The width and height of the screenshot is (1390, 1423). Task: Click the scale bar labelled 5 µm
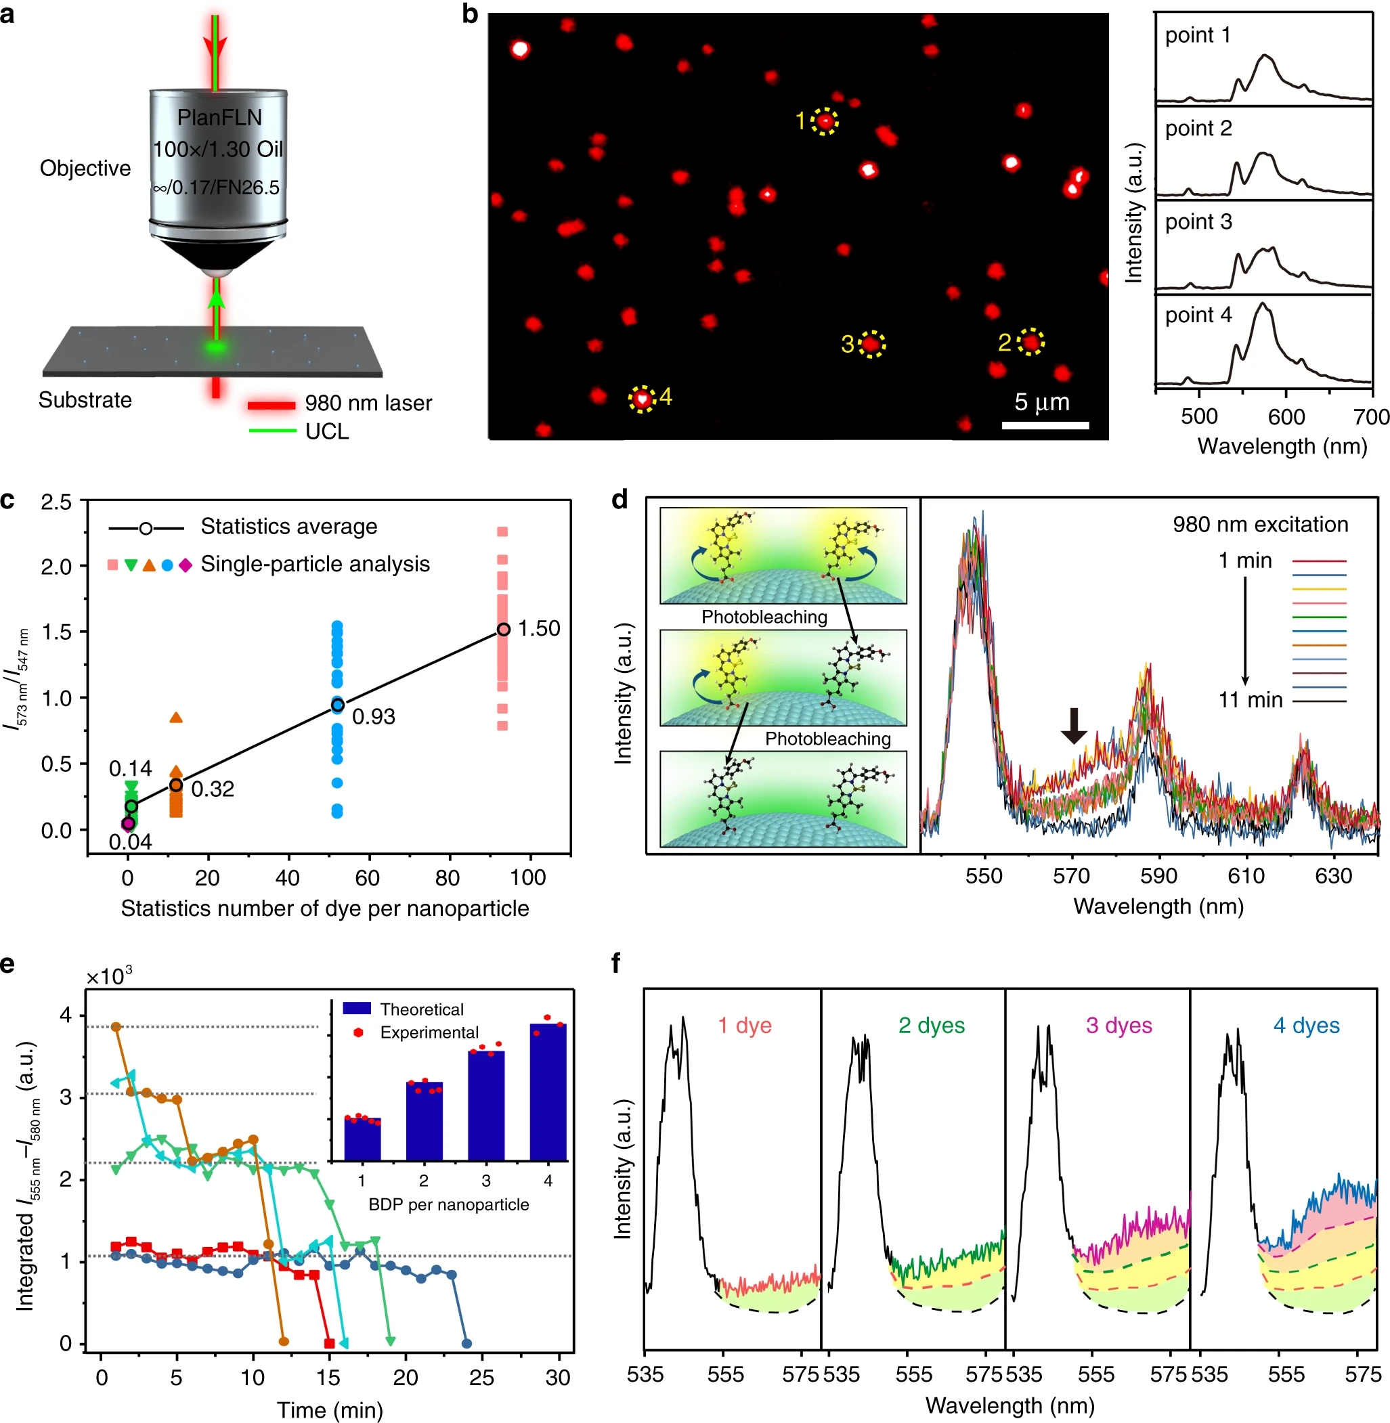1045,425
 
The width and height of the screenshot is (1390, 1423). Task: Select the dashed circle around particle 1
825,121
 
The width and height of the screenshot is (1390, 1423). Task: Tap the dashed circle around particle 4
642,399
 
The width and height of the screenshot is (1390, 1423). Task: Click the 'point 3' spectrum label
1198,222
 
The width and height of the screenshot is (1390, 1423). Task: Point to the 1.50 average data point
503,630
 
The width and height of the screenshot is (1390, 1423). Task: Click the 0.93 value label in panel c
373,717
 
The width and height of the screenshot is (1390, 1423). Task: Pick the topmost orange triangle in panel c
176,718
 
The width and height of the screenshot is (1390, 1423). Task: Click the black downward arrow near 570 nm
1073,725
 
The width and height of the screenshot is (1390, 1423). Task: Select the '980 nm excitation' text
1260,524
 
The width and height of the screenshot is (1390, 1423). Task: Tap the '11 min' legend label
1250,700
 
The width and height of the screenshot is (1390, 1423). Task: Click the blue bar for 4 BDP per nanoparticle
548,1092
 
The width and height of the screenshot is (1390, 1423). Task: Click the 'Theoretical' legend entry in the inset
421,1009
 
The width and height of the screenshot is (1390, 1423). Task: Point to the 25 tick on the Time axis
481,1377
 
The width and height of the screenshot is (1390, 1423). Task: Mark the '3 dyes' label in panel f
1118,1025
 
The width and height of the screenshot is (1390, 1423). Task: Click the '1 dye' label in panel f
744,1025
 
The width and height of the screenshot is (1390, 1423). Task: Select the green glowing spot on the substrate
215,345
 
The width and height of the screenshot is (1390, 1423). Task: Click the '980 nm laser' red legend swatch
272,403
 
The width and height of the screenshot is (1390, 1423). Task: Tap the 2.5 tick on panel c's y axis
56,502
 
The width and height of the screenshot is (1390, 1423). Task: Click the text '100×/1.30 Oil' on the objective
217,149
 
